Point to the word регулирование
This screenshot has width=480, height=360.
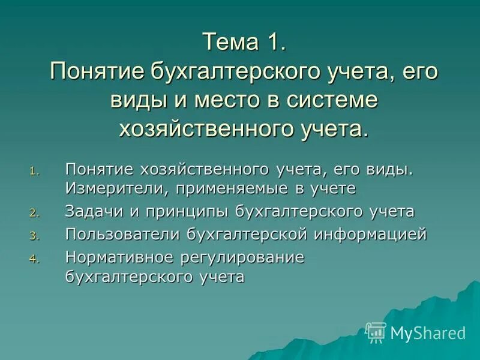pyautogui.click(x=242, y=257)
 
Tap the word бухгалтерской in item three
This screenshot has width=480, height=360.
pyautogui.click(x=246, y=234)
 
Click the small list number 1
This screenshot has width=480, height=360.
pyautogui.click(x=32, y=172)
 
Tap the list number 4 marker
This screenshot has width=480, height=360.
pyautogui.click(x=32, y=259)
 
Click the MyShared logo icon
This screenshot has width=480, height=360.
pyautogui.click(x=376, y=332)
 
